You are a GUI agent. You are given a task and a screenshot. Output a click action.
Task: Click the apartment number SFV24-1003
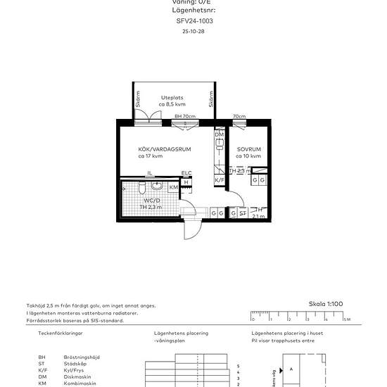coord(193,21)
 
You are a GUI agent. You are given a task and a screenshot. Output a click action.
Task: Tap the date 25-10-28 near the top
coord(193,32)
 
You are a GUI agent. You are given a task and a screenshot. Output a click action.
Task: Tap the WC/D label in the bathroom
coord(151,201)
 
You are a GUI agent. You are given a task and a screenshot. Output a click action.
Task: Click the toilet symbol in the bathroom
coord(141,187)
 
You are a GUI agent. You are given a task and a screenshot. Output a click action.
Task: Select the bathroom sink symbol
coord(157,186)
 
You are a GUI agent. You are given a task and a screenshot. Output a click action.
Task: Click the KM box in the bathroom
coord(173,188)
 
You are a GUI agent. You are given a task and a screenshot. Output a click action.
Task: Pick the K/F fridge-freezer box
coord(219,181)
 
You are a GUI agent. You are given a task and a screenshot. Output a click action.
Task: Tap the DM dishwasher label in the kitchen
coord(219,134)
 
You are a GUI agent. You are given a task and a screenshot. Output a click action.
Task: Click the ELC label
coord(186,173)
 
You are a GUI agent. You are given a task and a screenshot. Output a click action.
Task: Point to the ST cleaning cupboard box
coord(243,212)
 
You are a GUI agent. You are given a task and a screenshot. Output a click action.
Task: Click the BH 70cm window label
coord(184,116)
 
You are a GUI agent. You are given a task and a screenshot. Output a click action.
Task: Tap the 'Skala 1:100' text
coord(326,304)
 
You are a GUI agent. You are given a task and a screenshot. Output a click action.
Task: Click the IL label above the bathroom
coord(149,173)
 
